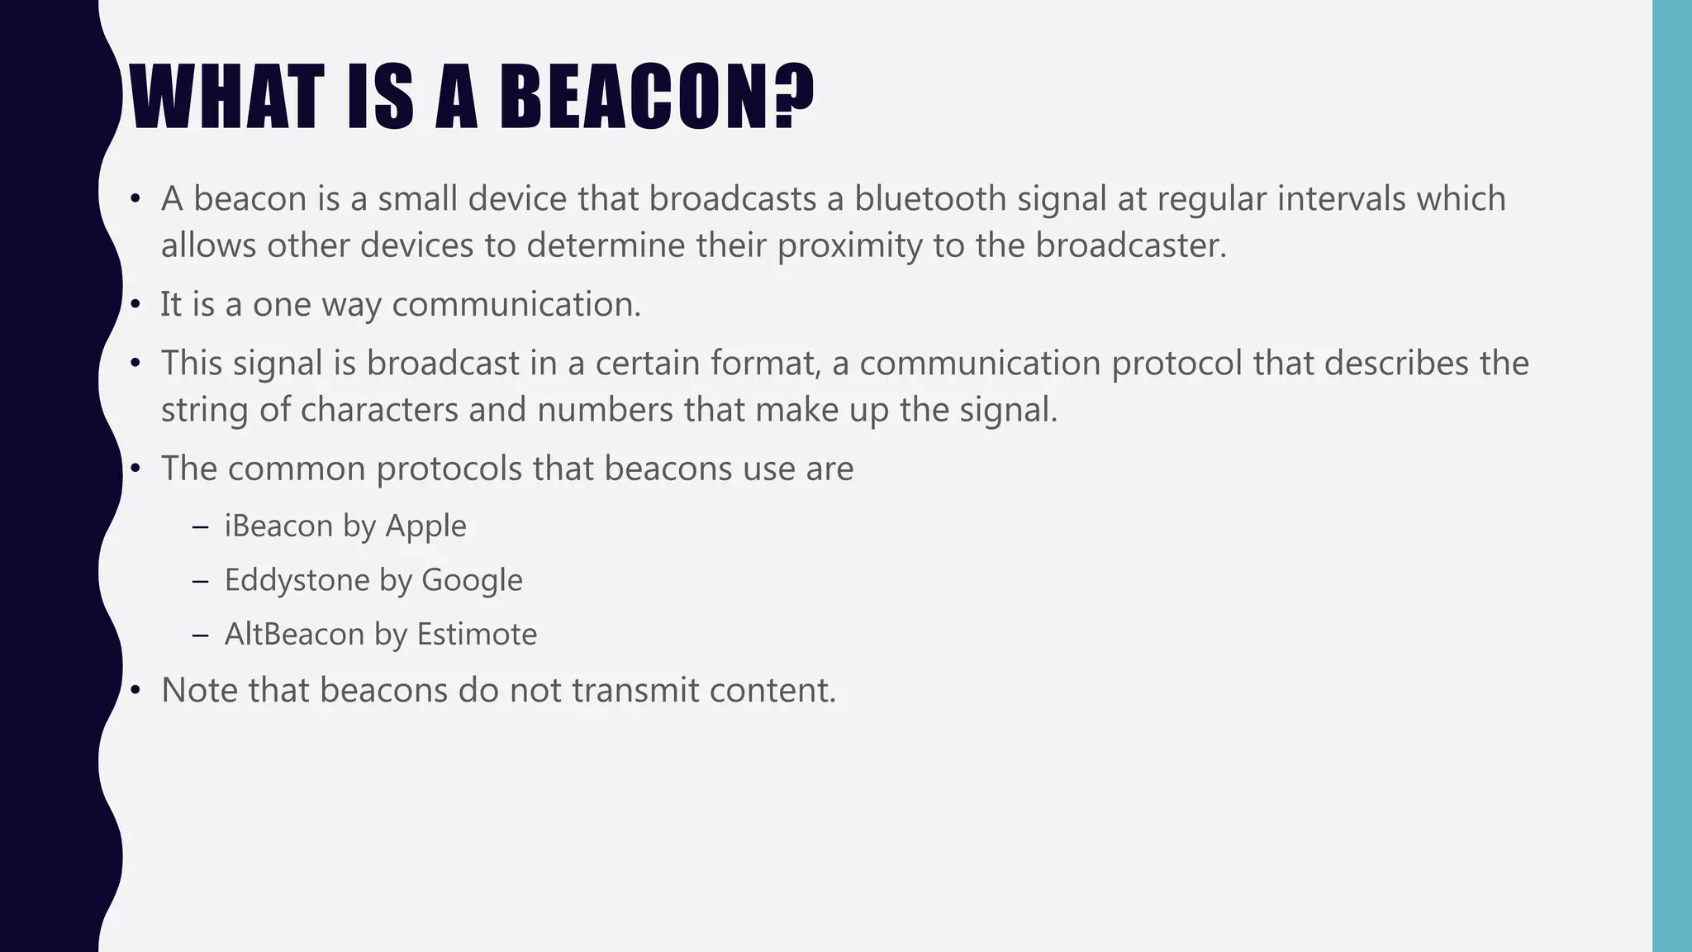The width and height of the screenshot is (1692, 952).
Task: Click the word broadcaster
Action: [x=1131, y=245]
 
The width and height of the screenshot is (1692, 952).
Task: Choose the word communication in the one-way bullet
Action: [x=516, y=304]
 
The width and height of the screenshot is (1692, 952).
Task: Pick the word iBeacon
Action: [x=278, y=526]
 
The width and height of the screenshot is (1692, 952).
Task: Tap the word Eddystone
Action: [x=297, y=580]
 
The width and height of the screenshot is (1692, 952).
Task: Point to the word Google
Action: [x=472, y=580]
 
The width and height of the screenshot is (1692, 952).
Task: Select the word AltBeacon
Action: [x=294, y=635]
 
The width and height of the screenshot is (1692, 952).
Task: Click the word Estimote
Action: [x=477, y=635]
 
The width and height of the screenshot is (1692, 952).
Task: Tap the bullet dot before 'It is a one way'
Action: [x=136, y=305]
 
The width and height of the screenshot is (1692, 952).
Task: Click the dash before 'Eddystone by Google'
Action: [x=200, y=581]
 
